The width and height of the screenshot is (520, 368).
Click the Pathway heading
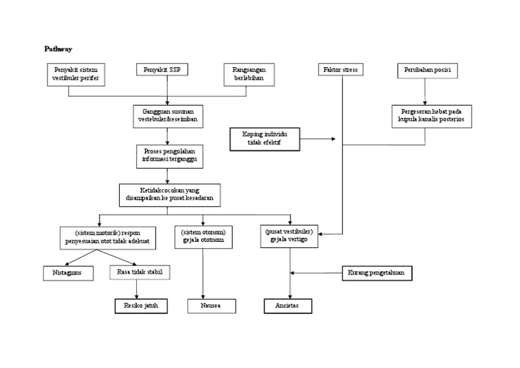click(58, 49)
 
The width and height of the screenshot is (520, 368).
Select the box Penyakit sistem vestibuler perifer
click(74, 74)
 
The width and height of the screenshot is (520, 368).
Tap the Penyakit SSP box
click(162, 70)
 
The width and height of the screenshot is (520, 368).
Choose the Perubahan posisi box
click(427, 70)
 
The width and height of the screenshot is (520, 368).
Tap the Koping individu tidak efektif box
click(265, 139)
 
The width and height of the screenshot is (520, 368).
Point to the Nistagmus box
click(68, 273)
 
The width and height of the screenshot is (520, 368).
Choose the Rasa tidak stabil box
click(139, 272)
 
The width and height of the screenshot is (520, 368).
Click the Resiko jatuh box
click(140, 306)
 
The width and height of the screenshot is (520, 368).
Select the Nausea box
click(211, 306)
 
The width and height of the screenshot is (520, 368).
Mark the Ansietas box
click(288, 306)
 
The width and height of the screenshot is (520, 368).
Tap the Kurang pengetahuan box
click(377, 273)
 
